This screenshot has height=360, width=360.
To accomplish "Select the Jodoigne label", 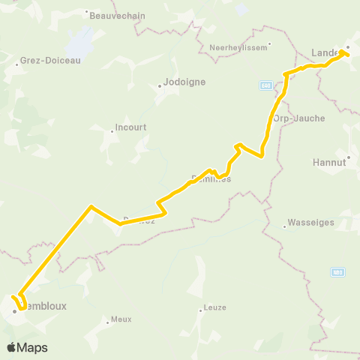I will pos(185,82).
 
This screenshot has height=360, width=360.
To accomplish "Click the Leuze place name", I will pos(214,308).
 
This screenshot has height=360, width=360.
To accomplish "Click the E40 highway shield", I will pos(266,85).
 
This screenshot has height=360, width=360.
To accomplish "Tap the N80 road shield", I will pos(338,271).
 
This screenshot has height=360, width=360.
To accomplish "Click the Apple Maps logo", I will pos(27,347).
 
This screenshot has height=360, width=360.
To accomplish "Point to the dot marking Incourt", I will pos(112,130).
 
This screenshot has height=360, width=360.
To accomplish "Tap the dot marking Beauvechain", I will pos(87,13).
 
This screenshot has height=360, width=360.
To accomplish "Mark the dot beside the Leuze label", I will pos(202,309).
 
